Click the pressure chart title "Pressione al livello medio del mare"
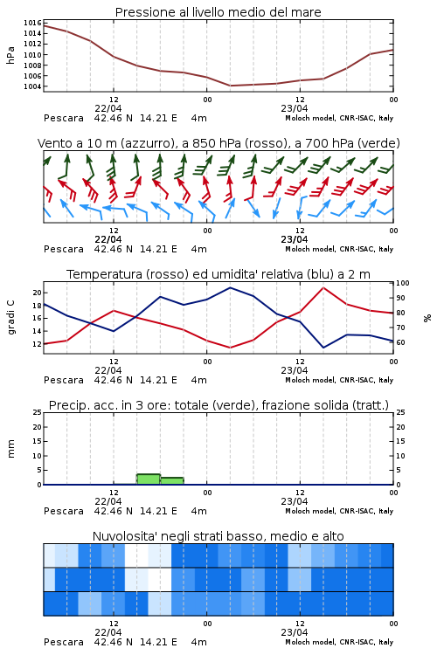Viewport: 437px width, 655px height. click(218, 12)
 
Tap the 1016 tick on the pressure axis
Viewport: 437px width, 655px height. click(32, 23)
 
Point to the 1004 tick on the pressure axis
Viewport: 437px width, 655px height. click(32, 86)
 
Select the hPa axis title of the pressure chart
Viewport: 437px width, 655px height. click(10, 56)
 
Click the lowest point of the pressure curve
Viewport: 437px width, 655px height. click(230, 86)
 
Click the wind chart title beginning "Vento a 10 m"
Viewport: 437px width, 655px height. click(218, 143)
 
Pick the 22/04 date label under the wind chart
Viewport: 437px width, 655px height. click(108, 239)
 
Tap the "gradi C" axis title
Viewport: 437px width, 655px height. click(11, 318)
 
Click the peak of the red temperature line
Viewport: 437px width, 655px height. click(323, 287)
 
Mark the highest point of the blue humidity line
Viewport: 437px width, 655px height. click(230, 287)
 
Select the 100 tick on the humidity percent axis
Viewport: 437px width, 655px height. click(403, 283)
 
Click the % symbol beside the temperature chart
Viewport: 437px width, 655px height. click(427, 318)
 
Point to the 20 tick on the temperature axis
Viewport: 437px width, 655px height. click(38, 293)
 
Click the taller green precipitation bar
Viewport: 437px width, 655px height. click(149, 479)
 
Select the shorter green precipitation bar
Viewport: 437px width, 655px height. click(172, 481)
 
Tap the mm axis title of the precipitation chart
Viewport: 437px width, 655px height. click(10, 449)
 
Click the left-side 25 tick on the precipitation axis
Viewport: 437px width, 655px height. click(38, 412)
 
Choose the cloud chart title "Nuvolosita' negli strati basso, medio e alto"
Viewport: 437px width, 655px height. click(218, 536)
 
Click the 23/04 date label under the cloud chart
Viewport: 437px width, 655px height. click(295, 632)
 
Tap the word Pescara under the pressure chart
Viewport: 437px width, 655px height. click(64, 118)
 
